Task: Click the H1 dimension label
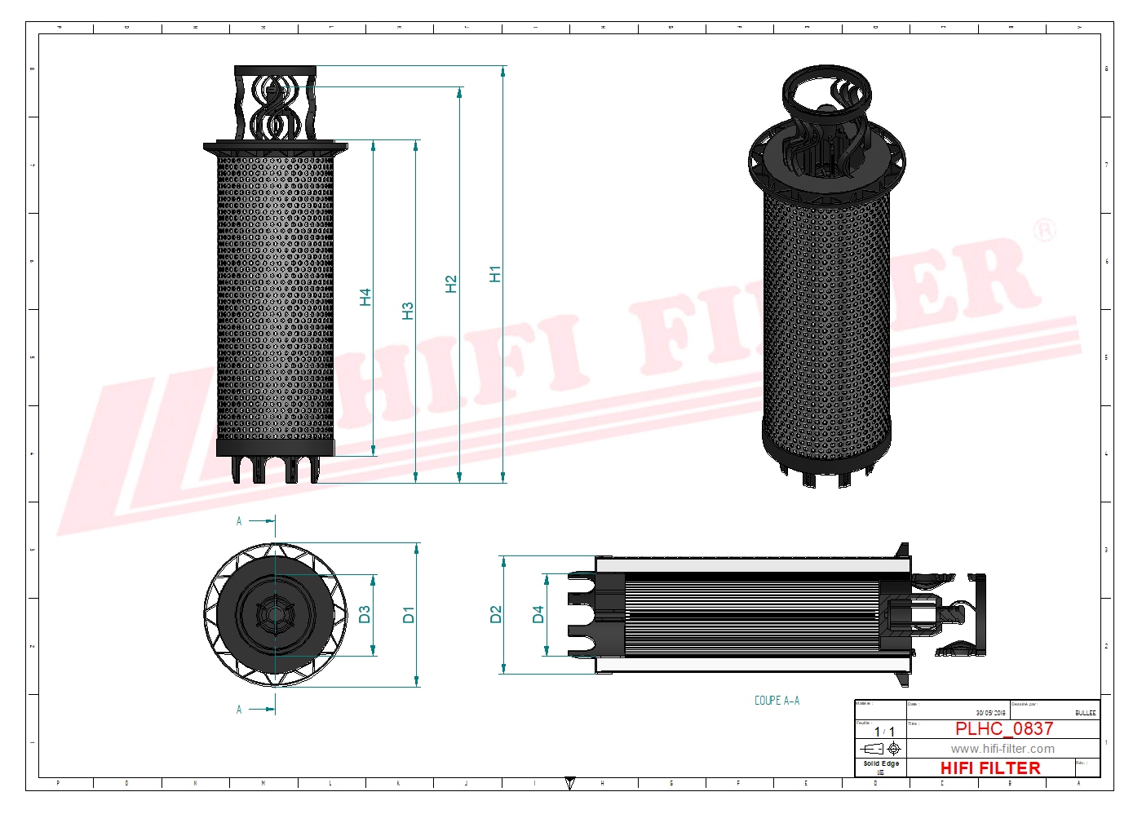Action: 494,274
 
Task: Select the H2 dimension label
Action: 451,284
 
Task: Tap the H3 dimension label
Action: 408,311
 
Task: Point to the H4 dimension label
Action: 365,297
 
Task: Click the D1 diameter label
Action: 409,615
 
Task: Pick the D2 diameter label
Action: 495,615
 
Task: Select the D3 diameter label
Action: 365,614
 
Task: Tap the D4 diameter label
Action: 538,615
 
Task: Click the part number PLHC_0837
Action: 1003,728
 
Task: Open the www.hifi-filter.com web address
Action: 1002,749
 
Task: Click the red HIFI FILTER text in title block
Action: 989,768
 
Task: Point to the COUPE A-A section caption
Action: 777,701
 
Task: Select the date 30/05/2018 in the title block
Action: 990,713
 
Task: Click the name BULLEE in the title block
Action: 1085,713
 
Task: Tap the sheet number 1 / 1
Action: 884,732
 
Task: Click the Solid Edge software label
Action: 881,764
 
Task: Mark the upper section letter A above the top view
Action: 239,521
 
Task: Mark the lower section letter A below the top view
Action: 239,710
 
